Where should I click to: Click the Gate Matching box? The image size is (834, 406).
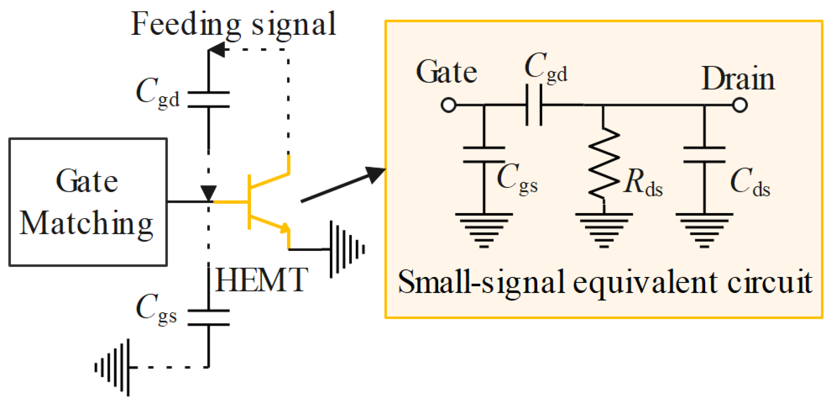88,202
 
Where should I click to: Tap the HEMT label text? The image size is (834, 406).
261,281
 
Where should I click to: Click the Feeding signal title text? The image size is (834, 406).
234,24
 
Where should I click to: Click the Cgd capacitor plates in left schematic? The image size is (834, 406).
209,99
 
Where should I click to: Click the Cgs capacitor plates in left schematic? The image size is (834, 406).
209,318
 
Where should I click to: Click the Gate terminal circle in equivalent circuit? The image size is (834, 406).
449,105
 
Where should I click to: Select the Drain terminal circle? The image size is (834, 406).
740,105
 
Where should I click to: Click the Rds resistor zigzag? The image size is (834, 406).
604,163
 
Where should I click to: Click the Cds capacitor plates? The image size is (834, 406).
704,155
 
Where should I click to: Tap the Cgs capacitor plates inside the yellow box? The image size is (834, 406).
484,155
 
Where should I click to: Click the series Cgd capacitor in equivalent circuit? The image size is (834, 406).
534,105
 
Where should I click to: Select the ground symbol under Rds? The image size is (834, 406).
604,228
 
